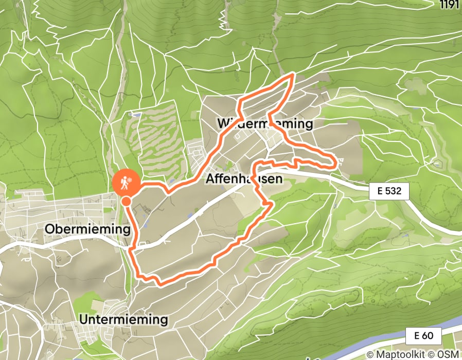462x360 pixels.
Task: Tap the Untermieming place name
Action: (123, 319)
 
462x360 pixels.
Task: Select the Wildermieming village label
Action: (265, 124)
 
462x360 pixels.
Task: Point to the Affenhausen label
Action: (244, 179)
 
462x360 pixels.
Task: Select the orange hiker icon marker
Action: (126, 181)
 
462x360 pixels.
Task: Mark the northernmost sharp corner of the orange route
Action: (293, 75)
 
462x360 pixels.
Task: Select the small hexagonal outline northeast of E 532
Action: (438, 164)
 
